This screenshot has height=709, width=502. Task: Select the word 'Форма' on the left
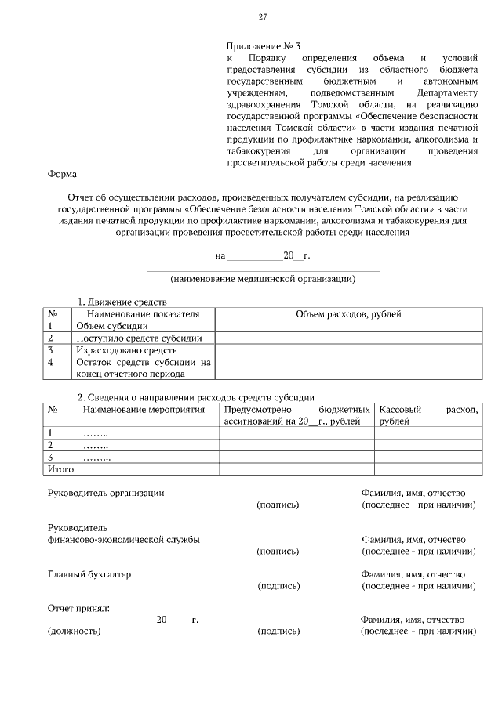point(62,175)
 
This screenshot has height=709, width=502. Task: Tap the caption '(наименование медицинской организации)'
point(263,278)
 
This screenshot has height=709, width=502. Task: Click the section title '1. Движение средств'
point(121,302)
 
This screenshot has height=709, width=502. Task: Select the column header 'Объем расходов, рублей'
point(348,313)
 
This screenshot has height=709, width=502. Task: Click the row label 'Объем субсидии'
point(111,326)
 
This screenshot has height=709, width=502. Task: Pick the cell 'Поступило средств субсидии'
point(139,338)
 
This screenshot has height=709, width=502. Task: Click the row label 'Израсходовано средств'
point(126,350)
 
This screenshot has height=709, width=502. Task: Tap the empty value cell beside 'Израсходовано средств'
point(348,350)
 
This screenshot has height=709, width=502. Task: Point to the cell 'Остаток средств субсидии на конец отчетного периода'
point(144,368)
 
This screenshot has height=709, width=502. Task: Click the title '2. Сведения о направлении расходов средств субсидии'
point(195,396)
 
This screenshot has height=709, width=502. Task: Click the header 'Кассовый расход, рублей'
point(427,415)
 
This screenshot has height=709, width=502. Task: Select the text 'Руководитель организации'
point(106,493)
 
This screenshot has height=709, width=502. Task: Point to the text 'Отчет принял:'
point(78,608)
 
